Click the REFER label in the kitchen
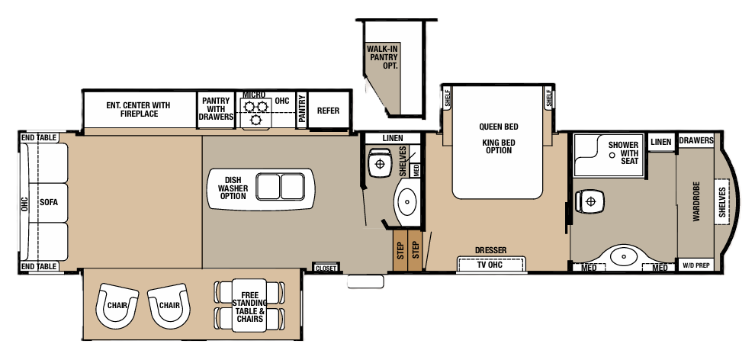(328, 111)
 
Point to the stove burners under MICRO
(254, 113)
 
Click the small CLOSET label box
(326, 268)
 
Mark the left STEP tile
(399, 251)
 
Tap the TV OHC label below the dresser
(491, 265)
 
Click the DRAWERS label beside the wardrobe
(696, 141)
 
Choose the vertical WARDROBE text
(696, 202)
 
